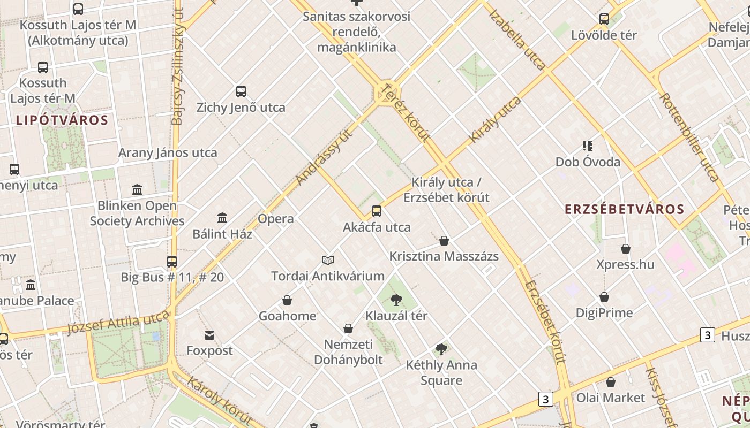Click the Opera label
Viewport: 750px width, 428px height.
275,219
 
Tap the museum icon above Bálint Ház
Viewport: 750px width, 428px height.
222,218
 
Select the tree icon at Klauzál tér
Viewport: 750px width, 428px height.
396,300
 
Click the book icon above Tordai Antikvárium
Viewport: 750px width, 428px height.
328,260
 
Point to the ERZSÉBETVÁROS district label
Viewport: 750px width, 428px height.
625,209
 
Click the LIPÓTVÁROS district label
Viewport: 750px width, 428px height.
62,120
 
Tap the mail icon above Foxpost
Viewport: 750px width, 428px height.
209,335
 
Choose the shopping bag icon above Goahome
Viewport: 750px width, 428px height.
287,300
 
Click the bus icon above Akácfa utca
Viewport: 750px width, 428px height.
377,211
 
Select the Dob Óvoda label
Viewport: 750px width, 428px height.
588,162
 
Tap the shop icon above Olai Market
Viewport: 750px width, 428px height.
611,382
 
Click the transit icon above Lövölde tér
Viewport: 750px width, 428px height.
604,19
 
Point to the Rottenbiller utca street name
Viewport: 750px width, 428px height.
688,137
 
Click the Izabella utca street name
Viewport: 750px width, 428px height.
517,40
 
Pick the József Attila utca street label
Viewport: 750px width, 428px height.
118,323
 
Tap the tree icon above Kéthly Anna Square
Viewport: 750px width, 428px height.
441,349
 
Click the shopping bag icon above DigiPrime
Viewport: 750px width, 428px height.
604,297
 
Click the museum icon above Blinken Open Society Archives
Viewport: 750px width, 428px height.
137,189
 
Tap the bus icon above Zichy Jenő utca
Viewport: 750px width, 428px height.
241,91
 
